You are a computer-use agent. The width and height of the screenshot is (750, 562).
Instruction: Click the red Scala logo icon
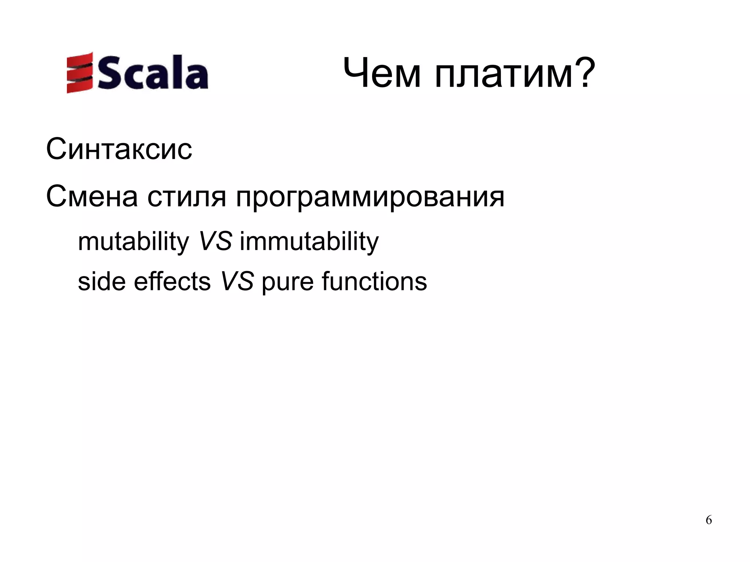pyautogui.click(x=79, y=72)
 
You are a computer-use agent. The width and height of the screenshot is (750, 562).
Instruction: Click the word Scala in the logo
pyautogui.click(x=150, y=73)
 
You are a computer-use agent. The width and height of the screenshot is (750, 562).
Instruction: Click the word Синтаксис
pyautogui.click(x=119, y=149)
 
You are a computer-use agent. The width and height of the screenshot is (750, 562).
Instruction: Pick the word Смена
pyautogui.click(x=92, y=197)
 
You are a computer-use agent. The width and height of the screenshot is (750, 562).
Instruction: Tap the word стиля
pyautogui.click(x=187, y=198)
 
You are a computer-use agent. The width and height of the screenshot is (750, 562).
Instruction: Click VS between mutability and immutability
pyautogui.click(x=215, y=242)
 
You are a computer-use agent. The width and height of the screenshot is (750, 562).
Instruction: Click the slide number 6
pyautogui.click(x=709, y=520)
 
